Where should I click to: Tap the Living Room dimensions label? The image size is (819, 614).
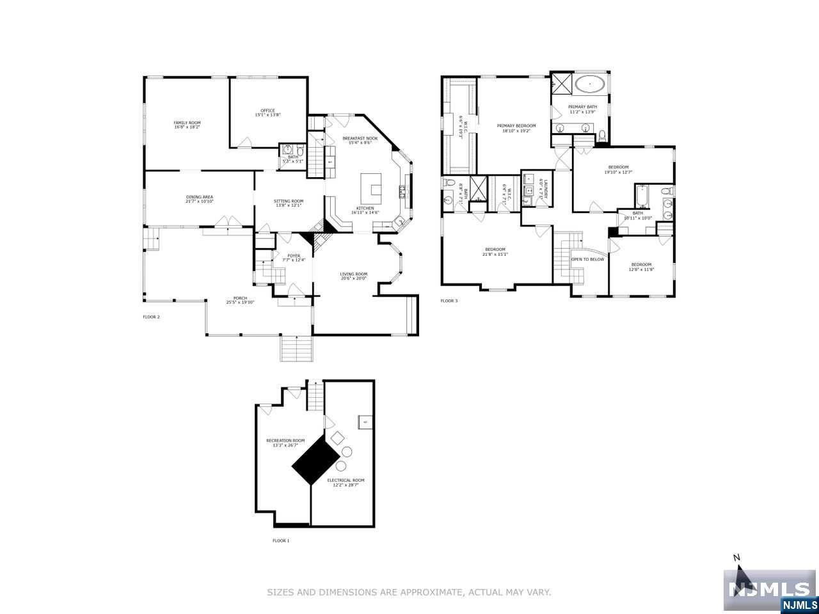click(x=353, y=278)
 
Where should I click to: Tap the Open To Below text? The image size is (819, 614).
click(x=587, y=260)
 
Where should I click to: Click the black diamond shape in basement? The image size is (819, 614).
click(x=315, y=462)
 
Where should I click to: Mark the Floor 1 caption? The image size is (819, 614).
click(x=281, y=541)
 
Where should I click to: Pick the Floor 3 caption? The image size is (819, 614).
click(x=449, y=301)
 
